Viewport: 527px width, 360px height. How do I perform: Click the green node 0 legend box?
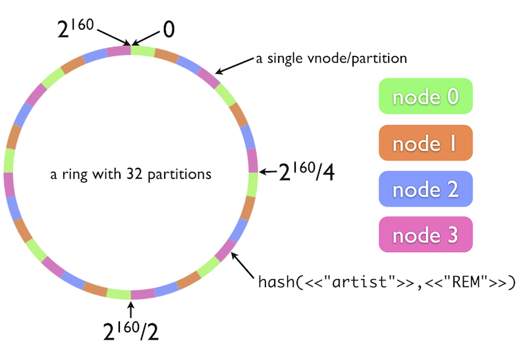[426, 97]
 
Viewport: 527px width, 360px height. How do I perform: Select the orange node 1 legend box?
[426, 143]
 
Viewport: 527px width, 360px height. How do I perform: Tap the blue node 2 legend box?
[426, 189]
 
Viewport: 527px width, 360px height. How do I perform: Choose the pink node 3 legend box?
[426, 234]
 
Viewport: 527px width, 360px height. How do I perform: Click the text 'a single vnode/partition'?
[332, 59]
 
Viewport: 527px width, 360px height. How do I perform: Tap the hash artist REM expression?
[387, 283]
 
